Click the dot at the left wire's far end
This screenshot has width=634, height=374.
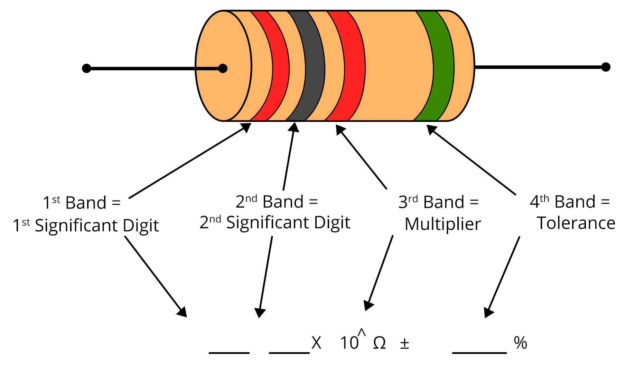(x=86, y=69)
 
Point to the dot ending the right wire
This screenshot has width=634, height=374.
(x=606, y=67)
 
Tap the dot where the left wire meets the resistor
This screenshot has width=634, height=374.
(x=223, y=69)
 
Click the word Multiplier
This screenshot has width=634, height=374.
(x=443, y=224)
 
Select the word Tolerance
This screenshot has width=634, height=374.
(x=576, y=223)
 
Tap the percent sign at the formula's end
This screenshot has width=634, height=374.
(x=520, y=343)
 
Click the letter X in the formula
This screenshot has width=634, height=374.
(x=316, y=343)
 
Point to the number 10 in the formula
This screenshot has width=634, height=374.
(x=349, y=343)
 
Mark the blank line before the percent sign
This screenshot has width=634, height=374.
(x=479, y=353)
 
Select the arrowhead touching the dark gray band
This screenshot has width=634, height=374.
(x=294, y=127)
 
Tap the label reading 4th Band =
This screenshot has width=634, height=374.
(x=570, y=202)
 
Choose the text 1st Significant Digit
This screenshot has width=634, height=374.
(x=86, y=225)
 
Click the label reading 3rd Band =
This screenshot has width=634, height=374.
(x=438, y=202)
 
